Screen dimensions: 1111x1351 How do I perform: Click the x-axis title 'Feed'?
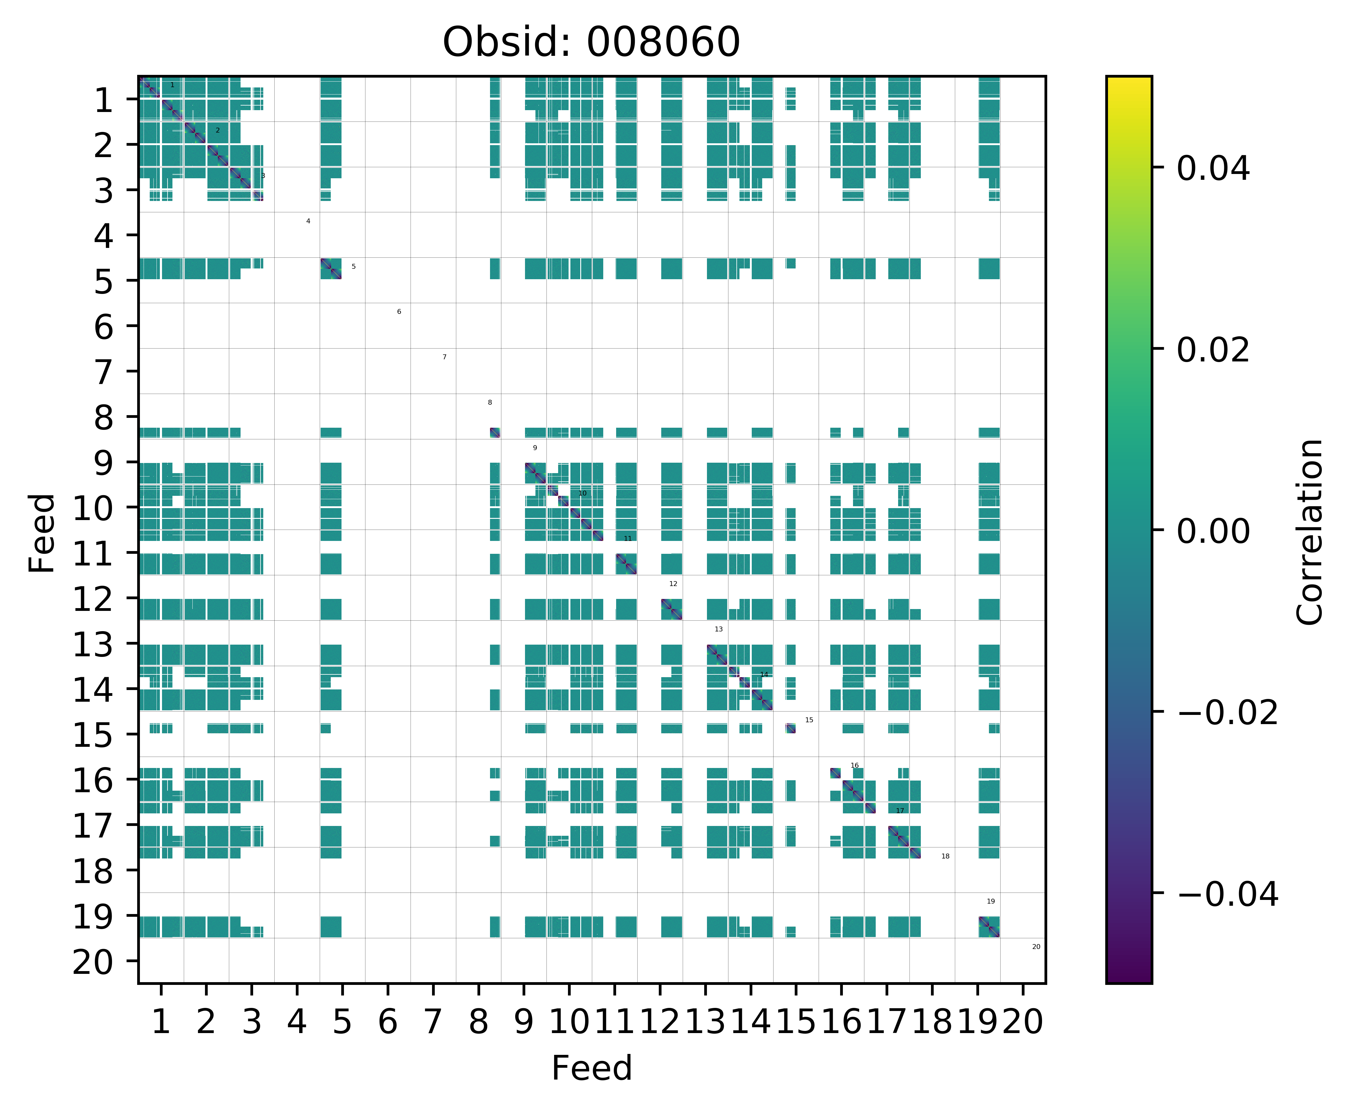tap(591, 1068)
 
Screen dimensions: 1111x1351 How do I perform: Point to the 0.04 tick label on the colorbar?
tap(1213, 169)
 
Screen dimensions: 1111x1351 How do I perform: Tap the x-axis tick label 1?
tap(161, 1022)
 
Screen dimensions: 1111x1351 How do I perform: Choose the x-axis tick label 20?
tap(1022, 1022)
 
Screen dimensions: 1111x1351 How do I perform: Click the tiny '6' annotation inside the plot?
tap(399, 312)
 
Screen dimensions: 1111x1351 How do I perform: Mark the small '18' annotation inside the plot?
tap(945, 856)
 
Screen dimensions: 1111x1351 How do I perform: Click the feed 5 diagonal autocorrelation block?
tap(331, 269)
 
